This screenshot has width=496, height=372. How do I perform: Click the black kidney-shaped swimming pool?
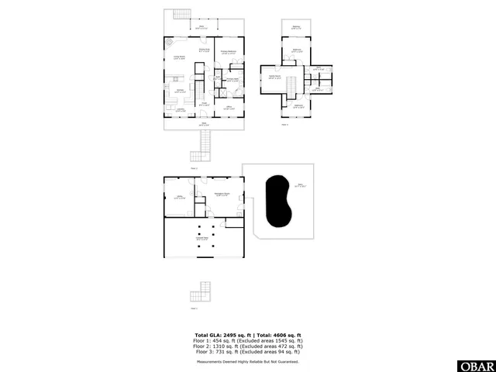(x=276, y=202)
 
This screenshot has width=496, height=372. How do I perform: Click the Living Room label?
(x=177, y=57)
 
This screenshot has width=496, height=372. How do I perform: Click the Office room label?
(x=229, y=108)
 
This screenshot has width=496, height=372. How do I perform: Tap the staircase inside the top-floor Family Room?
(x=292, y=83)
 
